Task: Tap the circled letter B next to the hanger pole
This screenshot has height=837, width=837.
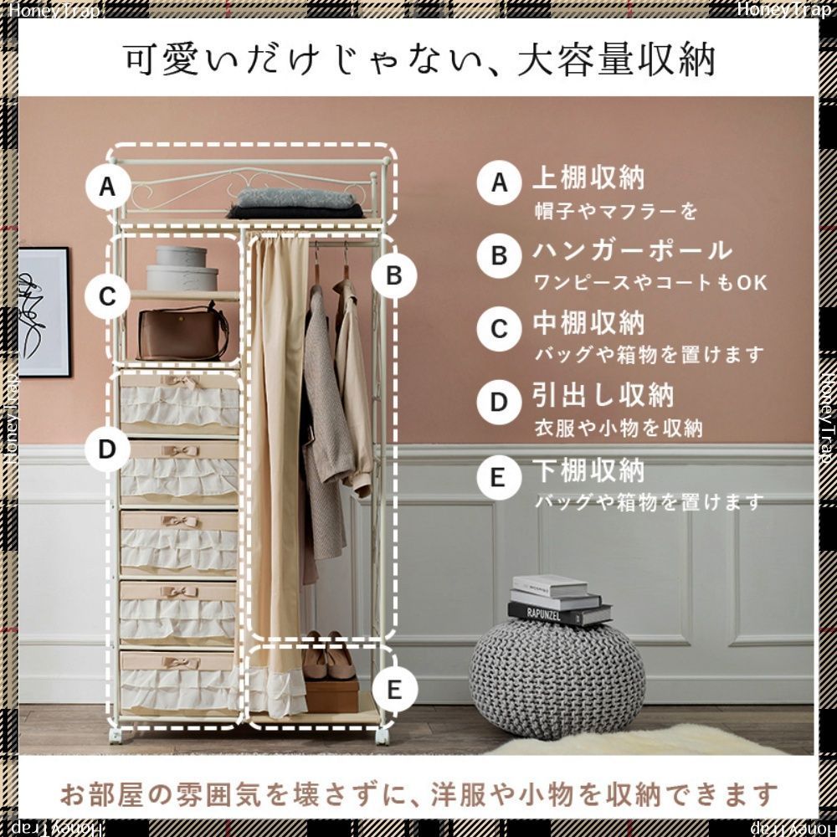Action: tap(395, 275)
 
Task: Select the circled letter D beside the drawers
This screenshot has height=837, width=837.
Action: tap(107, 449)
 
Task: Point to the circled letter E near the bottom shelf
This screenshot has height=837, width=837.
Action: tap(395, 689)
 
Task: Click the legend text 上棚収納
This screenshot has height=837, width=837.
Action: tap(589, 179)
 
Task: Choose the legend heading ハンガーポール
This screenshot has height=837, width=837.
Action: tap(633, 251)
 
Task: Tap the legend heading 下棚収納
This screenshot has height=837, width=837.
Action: tap(589, 470)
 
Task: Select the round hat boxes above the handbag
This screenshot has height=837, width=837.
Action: tap(182, 270)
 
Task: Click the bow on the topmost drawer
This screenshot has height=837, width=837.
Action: tap(180, 383)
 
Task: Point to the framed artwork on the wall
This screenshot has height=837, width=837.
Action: tap(44, 312)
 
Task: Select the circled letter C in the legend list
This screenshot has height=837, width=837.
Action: tap(500, 328)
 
